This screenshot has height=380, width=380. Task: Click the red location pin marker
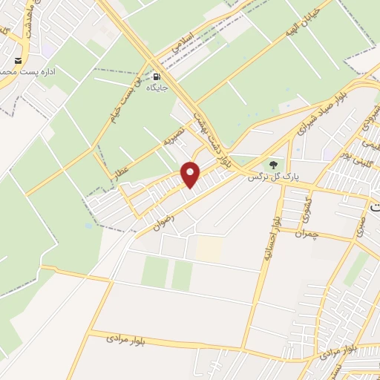tap(191, 174)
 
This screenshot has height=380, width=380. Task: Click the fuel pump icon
tap(157, 76)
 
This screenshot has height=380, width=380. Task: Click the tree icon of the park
tap(274, 165)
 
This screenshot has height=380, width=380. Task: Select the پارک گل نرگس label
tap(268, 178)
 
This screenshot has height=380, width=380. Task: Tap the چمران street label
tap(305, 234)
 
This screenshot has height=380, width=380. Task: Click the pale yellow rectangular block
tap(209, 249)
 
